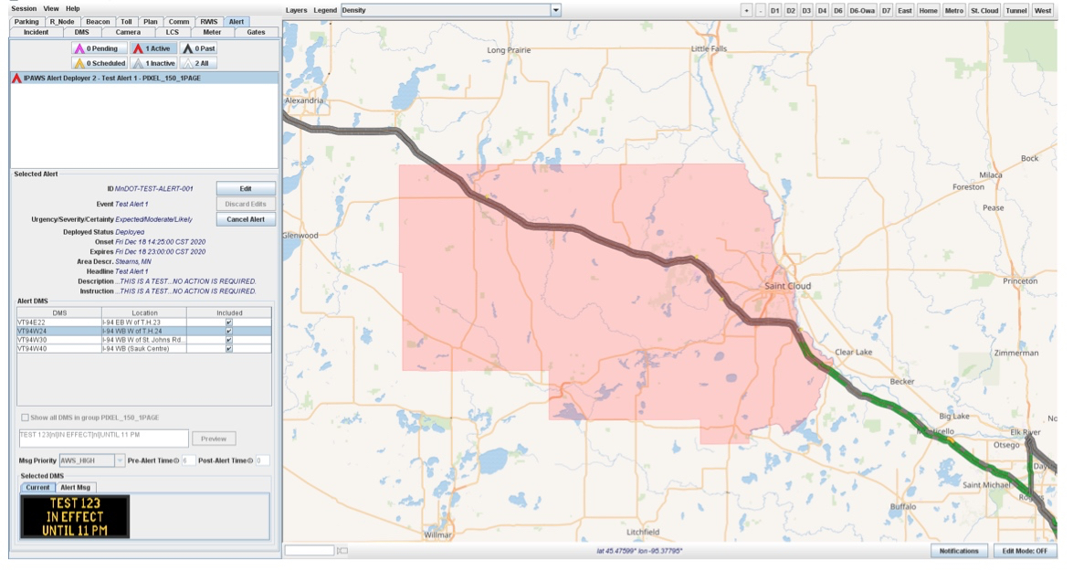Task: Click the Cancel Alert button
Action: [245, 219]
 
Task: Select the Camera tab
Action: [128, 32]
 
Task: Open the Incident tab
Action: [36, 32]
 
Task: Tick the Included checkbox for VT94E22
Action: [229, 323]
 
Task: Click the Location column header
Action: [143, 312]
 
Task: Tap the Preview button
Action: [213, 439]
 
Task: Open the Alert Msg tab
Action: [76, 488]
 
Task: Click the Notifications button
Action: [959, 551]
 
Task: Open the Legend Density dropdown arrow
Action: [555, 10]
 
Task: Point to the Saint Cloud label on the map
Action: [787, 286]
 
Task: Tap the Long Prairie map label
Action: [509, 50]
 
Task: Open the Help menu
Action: [72, 8]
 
